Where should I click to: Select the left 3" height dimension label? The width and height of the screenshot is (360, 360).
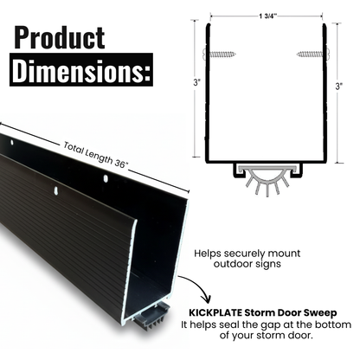[198, 87]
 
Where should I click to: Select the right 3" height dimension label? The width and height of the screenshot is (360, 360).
[338, 87]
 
